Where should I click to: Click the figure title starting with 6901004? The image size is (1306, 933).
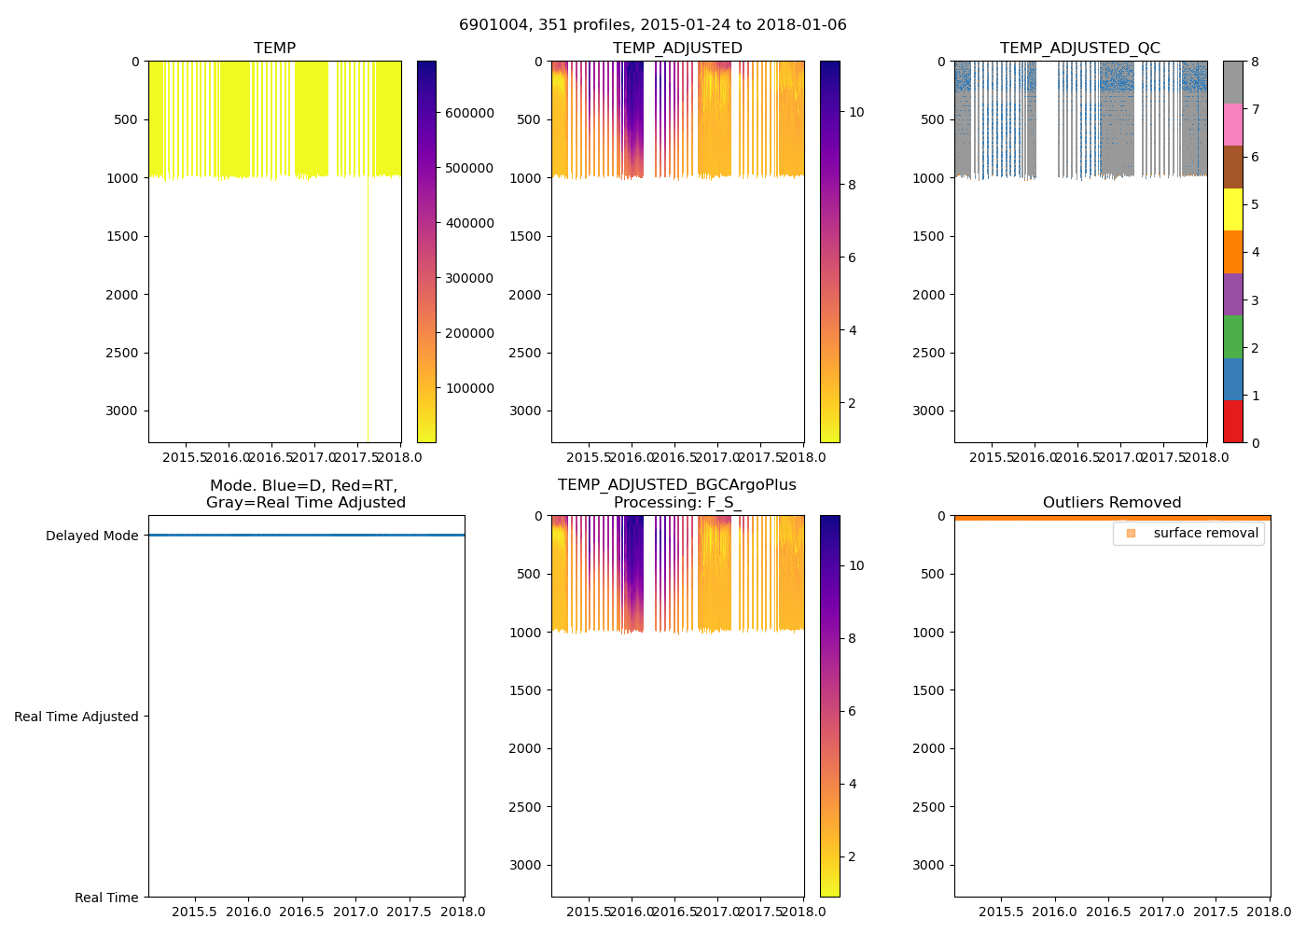pyautogui.click(x=652, y=25)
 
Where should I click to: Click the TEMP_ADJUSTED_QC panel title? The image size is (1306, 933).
pyautogui.click(x=1080, y=49)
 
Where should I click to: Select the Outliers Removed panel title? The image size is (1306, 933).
pyautogui.click(x=1112, y=503)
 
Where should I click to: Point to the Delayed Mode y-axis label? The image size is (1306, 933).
pyautogui.click(x=91, y=536)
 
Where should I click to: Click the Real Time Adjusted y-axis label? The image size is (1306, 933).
pyautogui.click(x=76, y=717)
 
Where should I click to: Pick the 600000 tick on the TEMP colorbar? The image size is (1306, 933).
pyautogui.click(x=469, y=113)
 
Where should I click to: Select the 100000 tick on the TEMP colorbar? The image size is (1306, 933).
pyautogui.click(x=469, y=388)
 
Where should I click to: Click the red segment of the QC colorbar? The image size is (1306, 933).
pyautogui.click(x=1232, y=421)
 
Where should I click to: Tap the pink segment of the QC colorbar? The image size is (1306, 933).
pyautogui.click(x=1232, y=124)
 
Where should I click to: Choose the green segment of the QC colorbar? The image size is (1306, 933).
pyautogui.click(x=1232, y=336)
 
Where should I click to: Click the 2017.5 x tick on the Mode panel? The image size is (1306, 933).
pyautogui.click(x=410, y=912)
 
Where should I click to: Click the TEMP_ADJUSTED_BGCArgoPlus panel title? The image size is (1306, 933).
pyautogui.click(x=676, y=494)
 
